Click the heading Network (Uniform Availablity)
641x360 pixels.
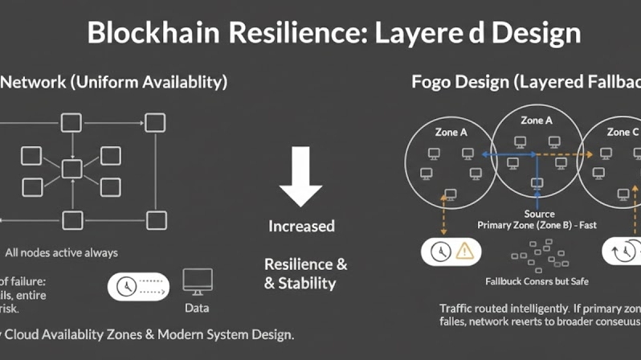[114, 82]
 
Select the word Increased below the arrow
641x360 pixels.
[300, 226]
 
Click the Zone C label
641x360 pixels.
[623, 132]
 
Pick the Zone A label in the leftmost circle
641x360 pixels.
[451, 132]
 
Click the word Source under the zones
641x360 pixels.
[539, 214]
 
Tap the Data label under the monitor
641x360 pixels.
[197, 307]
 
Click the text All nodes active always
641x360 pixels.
[61, 252]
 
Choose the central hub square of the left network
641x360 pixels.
[72, 170]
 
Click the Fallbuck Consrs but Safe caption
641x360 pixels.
[537, 281]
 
